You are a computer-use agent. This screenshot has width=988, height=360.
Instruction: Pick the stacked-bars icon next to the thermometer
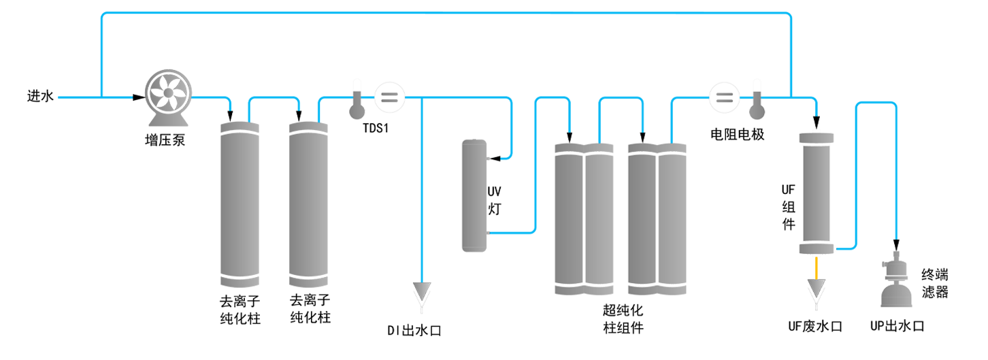tap(725, 95)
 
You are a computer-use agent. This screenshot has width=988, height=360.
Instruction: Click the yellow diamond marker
tap(816, 268)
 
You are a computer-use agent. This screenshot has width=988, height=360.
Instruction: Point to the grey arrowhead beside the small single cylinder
tap(423, 290)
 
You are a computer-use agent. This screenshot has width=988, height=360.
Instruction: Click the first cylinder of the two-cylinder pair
tap(241, 201)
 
